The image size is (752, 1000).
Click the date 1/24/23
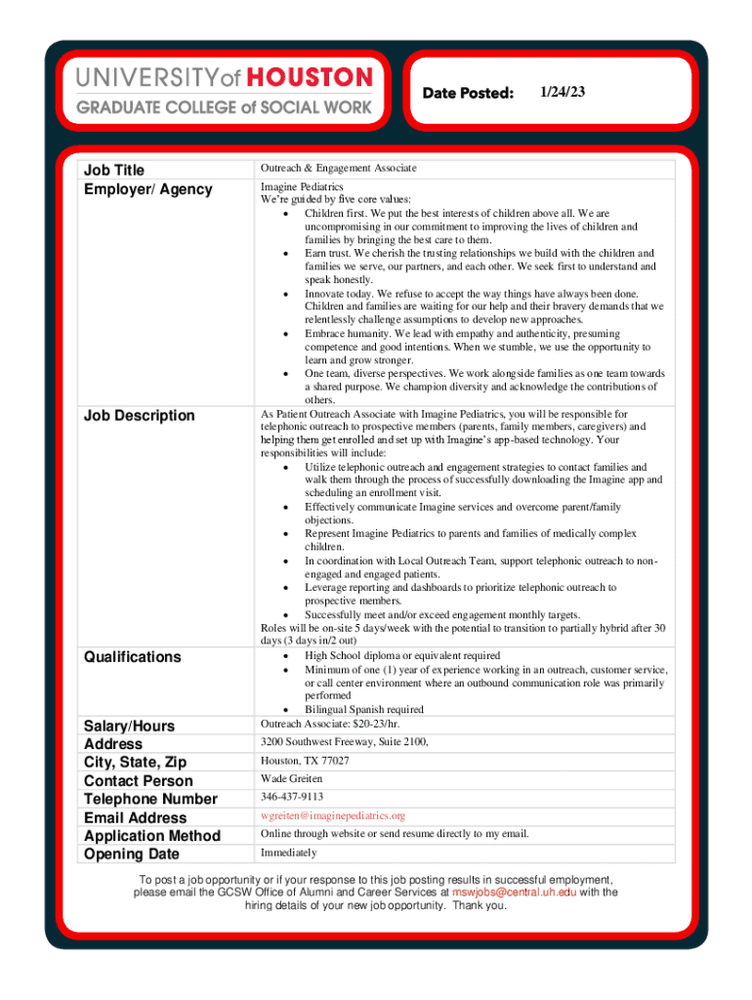562,92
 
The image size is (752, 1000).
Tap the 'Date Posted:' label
468,94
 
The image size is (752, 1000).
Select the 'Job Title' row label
114,171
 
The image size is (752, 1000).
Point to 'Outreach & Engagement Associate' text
338,169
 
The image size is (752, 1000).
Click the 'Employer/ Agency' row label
147,189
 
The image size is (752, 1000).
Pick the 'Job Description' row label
139,416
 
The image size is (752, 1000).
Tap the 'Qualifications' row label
132,657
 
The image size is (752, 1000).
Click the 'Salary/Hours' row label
129,726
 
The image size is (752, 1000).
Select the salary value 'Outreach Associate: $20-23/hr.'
330,724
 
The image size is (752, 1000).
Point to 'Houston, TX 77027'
305,761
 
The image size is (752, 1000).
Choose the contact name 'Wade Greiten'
291,779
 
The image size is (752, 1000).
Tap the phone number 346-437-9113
291,797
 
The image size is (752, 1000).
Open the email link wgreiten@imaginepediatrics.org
332,815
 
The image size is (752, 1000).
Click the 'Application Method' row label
152,836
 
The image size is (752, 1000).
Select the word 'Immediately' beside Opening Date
288,853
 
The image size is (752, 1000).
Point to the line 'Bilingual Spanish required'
363,710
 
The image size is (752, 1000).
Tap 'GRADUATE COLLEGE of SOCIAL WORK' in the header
224,107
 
